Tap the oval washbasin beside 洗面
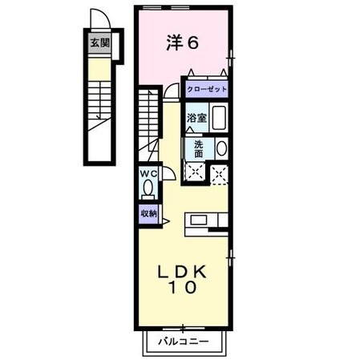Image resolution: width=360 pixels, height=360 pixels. click(x=220, y=148)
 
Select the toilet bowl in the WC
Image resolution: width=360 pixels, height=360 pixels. click(x=148, y=188)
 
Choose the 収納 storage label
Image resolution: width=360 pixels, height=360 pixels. click(x=148, y=213)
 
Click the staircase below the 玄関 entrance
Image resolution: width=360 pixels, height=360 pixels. click(x=99, y=108)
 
